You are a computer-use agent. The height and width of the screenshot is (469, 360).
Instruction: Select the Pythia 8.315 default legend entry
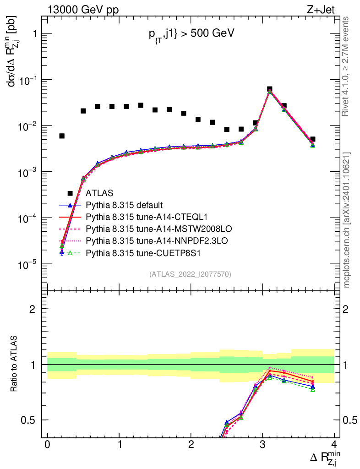[125, 205]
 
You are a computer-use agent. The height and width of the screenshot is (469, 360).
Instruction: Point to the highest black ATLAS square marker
[270, 89]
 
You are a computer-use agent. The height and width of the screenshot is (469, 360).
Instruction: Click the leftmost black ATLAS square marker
[62, 136]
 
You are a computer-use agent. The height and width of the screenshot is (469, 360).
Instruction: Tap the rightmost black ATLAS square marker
[313, 139]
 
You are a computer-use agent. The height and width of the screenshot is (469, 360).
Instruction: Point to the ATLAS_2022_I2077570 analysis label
[190, 274]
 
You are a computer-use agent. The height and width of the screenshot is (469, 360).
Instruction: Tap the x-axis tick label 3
[262, 445]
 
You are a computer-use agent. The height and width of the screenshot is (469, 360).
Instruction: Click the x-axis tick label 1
[119, 445]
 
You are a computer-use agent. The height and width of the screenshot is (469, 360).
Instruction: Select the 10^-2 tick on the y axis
[27, 126]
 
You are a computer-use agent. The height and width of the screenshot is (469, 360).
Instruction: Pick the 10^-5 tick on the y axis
[27, 264]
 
